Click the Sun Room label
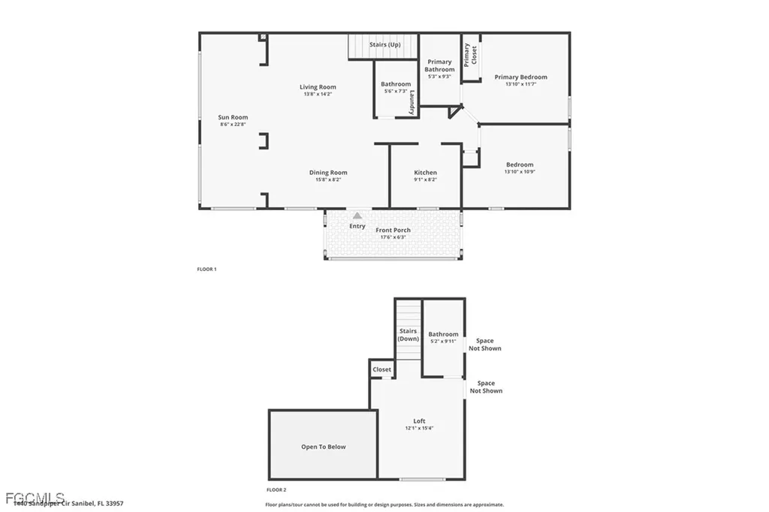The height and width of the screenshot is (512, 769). point(233,117)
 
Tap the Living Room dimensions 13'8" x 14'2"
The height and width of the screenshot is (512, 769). point(318,95)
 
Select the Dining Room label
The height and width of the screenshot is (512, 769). point(328,173)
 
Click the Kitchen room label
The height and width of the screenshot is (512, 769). point(425,173)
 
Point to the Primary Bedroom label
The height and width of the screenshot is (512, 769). point(520,77)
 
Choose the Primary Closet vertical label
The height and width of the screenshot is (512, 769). point(470,55)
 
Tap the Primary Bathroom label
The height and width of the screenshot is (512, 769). point(439,65)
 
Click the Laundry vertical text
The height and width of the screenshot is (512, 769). point(412,102)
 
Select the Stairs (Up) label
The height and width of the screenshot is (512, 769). point(384,44)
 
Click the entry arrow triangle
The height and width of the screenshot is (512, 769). point(357,215)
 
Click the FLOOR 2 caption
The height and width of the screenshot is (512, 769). point(276,489)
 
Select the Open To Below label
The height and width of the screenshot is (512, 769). point(324,447)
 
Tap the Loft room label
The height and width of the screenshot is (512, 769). point(419,421)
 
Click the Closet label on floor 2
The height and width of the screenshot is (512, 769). point(381,369)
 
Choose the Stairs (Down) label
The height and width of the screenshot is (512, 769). point(409,335)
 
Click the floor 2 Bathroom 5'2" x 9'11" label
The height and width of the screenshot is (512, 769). point(443,337)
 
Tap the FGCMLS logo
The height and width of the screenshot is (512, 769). point(24,497)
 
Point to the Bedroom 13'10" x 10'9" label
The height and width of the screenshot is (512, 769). point(520,164)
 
